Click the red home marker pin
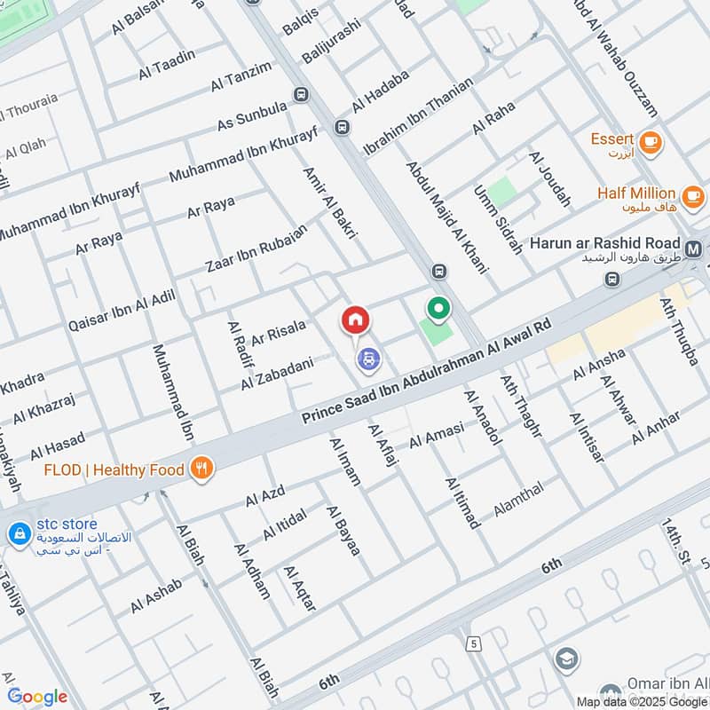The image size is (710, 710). click(x=355, y=320)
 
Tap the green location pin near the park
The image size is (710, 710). click(x=438, y=309)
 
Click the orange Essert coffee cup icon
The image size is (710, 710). click(x=651, y=141)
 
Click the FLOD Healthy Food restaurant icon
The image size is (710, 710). click(x=202, y=469)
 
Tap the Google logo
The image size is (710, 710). click(x=37, y=697)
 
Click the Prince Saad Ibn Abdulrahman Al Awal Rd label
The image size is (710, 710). click(x=426, y=373)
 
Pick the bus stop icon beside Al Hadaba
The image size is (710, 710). click(x=342, y=129)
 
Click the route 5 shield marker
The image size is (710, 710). click(x=476, y=643)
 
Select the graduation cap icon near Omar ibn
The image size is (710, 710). click(x=565, y=659)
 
